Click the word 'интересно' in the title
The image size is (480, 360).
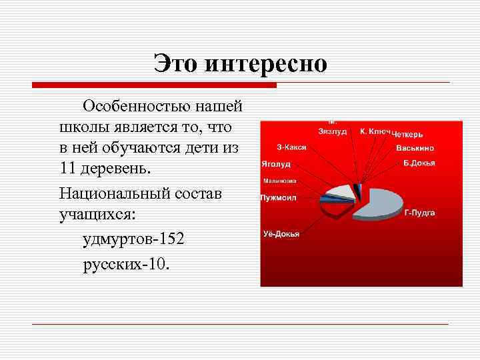coord(267,64)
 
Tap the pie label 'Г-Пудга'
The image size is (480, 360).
coord(419,213)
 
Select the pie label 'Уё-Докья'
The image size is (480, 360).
coord(281,234)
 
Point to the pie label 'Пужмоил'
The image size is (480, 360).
coord(279,197)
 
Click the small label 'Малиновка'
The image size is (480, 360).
coord(279,181)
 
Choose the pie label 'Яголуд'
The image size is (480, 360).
coord(275,163)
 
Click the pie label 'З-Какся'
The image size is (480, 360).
coord(291,147)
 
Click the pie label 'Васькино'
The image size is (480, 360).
coord(415,147)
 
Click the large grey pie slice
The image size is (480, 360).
coord(380,201)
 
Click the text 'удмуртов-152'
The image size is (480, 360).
coord(133,239)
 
